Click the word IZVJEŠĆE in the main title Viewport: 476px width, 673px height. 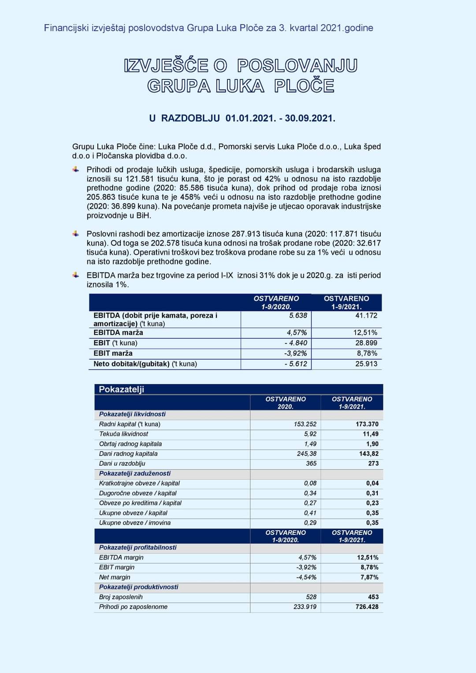[166, 66]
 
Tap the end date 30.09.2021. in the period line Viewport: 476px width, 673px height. [310, 118]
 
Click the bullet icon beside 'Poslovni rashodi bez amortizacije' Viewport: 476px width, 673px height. [76, 234]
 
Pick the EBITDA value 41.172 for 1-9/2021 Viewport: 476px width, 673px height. [366, 316]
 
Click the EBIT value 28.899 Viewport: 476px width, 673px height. [366, 343]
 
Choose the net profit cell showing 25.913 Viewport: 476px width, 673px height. [366, 364]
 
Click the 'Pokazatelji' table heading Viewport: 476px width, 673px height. [121, 389]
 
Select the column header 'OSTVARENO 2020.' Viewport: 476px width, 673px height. [285, 403]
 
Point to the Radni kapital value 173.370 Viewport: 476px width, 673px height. [367, 424]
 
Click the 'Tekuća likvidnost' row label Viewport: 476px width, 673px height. [123, 434]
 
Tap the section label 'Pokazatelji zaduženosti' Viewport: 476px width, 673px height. [134, 473]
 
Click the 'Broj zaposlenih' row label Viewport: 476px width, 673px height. [121, 597]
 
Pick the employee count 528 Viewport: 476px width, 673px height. [311, 597]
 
